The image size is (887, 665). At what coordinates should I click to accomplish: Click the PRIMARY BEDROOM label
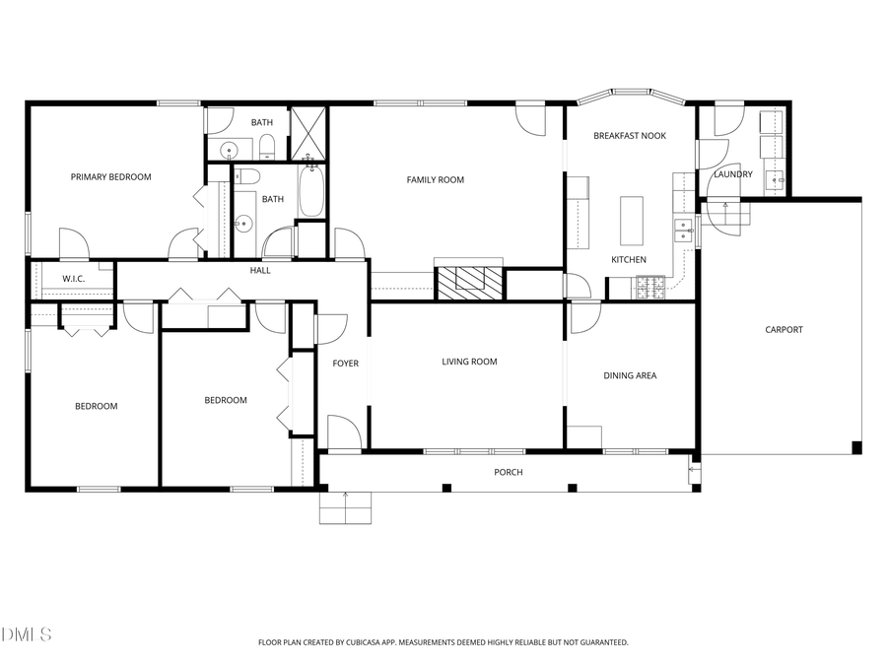click(110, 177)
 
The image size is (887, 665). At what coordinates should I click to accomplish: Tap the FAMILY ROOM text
click(436, 180)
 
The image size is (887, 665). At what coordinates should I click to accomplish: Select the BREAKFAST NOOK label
click(630, 136)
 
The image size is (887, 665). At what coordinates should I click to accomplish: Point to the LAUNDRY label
click(732, 174)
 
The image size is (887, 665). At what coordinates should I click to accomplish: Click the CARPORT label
click(784, 330)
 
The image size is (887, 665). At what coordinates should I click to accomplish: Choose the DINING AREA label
click(630, 375)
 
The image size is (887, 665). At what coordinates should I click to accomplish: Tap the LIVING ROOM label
click(469, 362)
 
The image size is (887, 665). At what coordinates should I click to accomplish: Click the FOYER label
click(345, 364)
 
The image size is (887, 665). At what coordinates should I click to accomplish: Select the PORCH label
click(509, 473)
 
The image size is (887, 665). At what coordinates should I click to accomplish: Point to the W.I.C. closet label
click(74, 279)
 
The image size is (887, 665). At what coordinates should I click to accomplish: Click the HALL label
click(260, 270)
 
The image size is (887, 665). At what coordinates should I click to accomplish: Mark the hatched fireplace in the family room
click(470, 284)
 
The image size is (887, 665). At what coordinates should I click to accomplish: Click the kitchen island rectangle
click(631, 221)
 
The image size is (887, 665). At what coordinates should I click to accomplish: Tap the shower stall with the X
click(308, 133)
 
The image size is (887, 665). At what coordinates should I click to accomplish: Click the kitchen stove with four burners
click(650, 288)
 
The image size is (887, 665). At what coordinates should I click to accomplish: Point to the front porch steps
click(347, 508)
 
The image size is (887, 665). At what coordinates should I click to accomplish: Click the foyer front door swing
click(341, 432)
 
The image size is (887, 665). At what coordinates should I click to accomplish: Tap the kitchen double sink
click(681, 230)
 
